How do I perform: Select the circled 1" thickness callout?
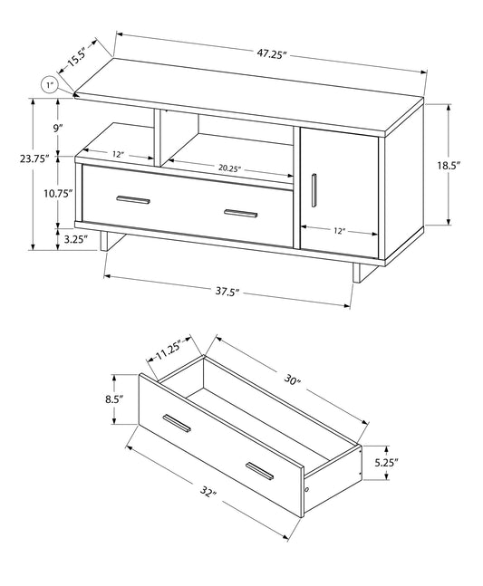pos(51,86)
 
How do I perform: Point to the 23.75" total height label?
pos(34,159)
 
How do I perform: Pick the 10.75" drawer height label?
pos(56,193)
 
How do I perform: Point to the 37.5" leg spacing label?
pos(227,292)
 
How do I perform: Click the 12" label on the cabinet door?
pos(339,231)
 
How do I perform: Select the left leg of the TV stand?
pos(108,241)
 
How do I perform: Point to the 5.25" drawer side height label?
pos(384,461)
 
